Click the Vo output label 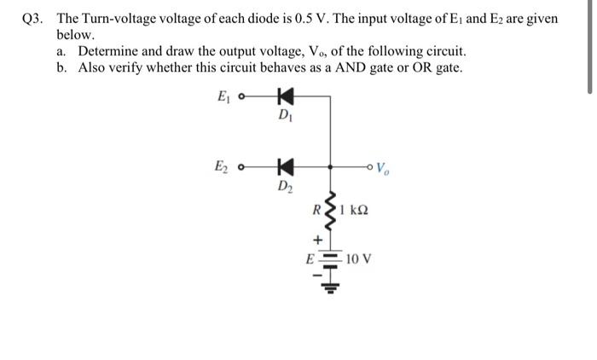point(385,167)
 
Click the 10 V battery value point(359,257)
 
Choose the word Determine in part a point(109,52)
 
